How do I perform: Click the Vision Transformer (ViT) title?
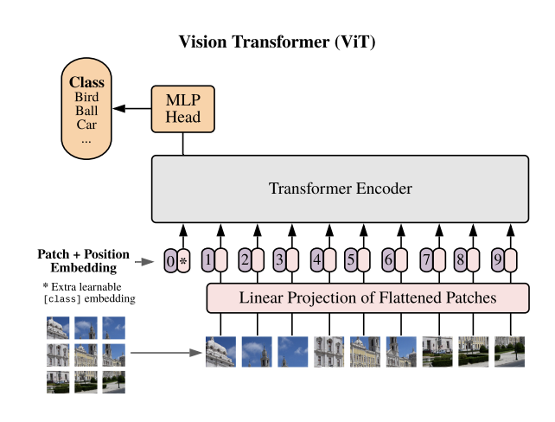click(x=277, y=42)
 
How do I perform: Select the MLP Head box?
click(x=182, y=109)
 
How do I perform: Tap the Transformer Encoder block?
click(x=340, y=189)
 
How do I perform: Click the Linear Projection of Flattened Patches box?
click(x=367, y=298)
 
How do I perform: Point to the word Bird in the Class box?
click(x=86, y=97)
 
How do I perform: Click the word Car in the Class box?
click(x=86, y=125)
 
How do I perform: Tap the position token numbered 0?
click(x=170, y=259)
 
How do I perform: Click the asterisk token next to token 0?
click(x=183, y=259)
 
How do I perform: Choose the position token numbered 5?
click(x=351, y=259)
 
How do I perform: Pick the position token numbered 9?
click(x=497, y=259)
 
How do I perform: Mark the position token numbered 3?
click(x=279, y=259)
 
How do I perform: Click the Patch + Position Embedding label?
click(x=84, y=260)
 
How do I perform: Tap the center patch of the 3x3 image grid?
click(x=86, y=355)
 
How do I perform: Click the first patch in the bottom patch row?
click(x=220, y=352)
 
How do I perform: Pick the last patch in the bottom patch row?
click(x=509, y=352)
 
